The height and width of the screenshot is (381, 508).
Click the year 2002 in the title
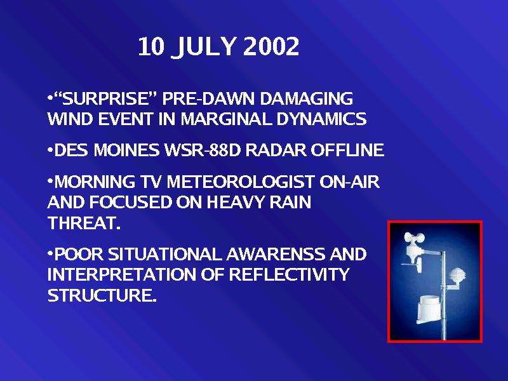[x=271, y=46]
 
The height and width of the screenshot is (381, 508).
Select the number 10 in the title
[x=151, y=46]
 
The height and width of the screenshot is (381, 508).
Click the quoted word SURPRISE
[x=105, y=98]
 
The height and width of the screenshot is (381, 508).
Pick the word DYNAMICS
[x=321, y=119]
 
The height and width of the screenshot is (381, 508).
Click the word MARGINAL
[x=226, y=119]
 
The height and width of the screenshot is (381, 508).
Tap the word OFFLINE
[x=347, y=150]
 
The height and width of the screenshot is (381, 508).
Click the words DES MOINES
[x=107, y=150]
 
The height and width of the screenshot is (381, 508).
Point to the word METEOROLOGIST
[x=241, y=182]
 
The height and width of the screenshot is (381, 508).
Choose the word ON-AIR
[x=349, y=182]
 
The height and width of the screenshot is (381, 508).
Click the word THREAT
[x=84, y=223]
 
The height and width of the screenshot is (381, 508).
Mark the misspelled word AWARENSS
[x=276, y=254]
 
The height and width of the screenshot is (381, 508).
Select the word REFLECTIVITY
[x=289, y=274]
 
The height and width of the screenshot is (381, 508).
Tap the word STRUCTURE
[x=102, y=295]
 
